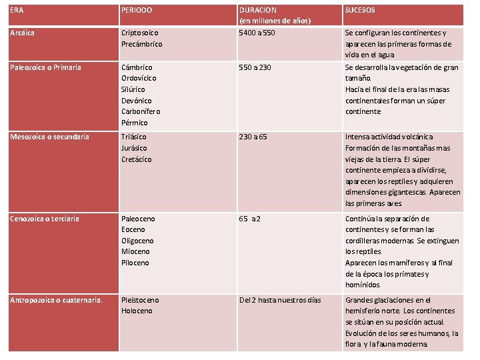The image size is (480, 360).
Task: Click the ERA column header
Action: click(x=17, y=11)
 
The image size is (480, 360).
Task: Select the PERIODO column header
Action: click(x=137, y=11)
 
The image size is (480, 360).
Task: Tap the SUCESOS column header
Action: click(x=360, y=11)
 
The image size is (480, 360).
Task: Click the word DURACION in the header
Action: click(x=258, y=11)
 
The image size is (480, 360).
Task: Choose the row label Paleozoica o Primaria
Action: click(x=46, y=67)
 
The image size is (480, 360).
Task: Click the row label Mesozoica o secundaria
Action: click(x=49, y=137)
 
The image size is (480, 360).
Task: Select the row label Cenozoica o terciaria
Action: click(x=45, y=219)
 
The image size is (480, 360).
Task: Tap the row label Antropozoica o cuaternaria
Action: click(x=56, y=300)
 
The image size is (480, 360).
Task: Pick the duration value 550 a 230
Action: click(x=256, y=67)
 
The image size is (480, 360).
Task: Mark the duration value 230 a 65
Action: click(x=254, y=137)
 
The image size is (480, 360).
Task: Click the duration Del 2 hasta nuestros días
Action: click(x=280, y=300)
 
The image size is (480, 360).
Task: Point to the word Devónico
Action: click(x=137, y=100)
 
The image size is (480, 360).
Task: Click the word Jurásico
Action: click(x=135, y=148)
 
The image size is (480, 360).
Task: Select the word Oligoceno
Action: click(x=137, y=241)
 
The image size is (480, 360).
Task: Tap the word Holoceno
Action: click(x=137, y=311)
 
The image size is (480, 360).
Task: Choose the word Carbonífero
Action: click(x=141, y=111)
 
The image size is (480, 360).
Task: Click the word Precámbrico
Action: click(x=141, y=44)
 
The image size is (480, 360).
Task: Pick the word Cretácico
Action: click(x=137, y=159)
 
